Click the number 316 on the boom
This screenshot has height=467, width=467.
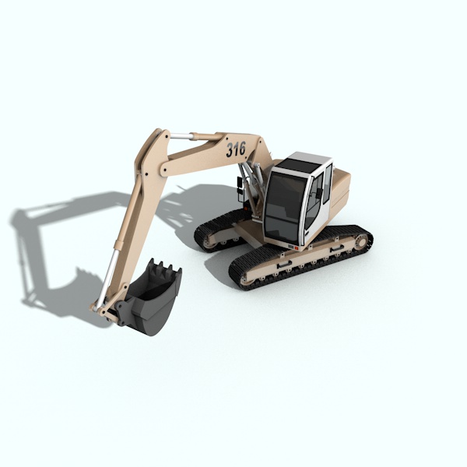point(236,149)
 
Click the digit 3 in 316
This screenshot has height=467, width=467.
point(230,150)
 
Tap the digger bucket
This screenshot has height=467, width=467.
point(149,298)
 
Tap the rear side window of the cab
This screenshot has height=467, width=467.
point(328,183)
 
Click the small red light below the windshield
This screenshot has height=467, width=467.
point(297,248)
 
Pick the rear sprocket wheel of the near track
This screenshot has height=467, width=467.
point(361,241)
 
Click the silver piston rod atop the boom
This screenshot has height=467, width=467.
point(181,135)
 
